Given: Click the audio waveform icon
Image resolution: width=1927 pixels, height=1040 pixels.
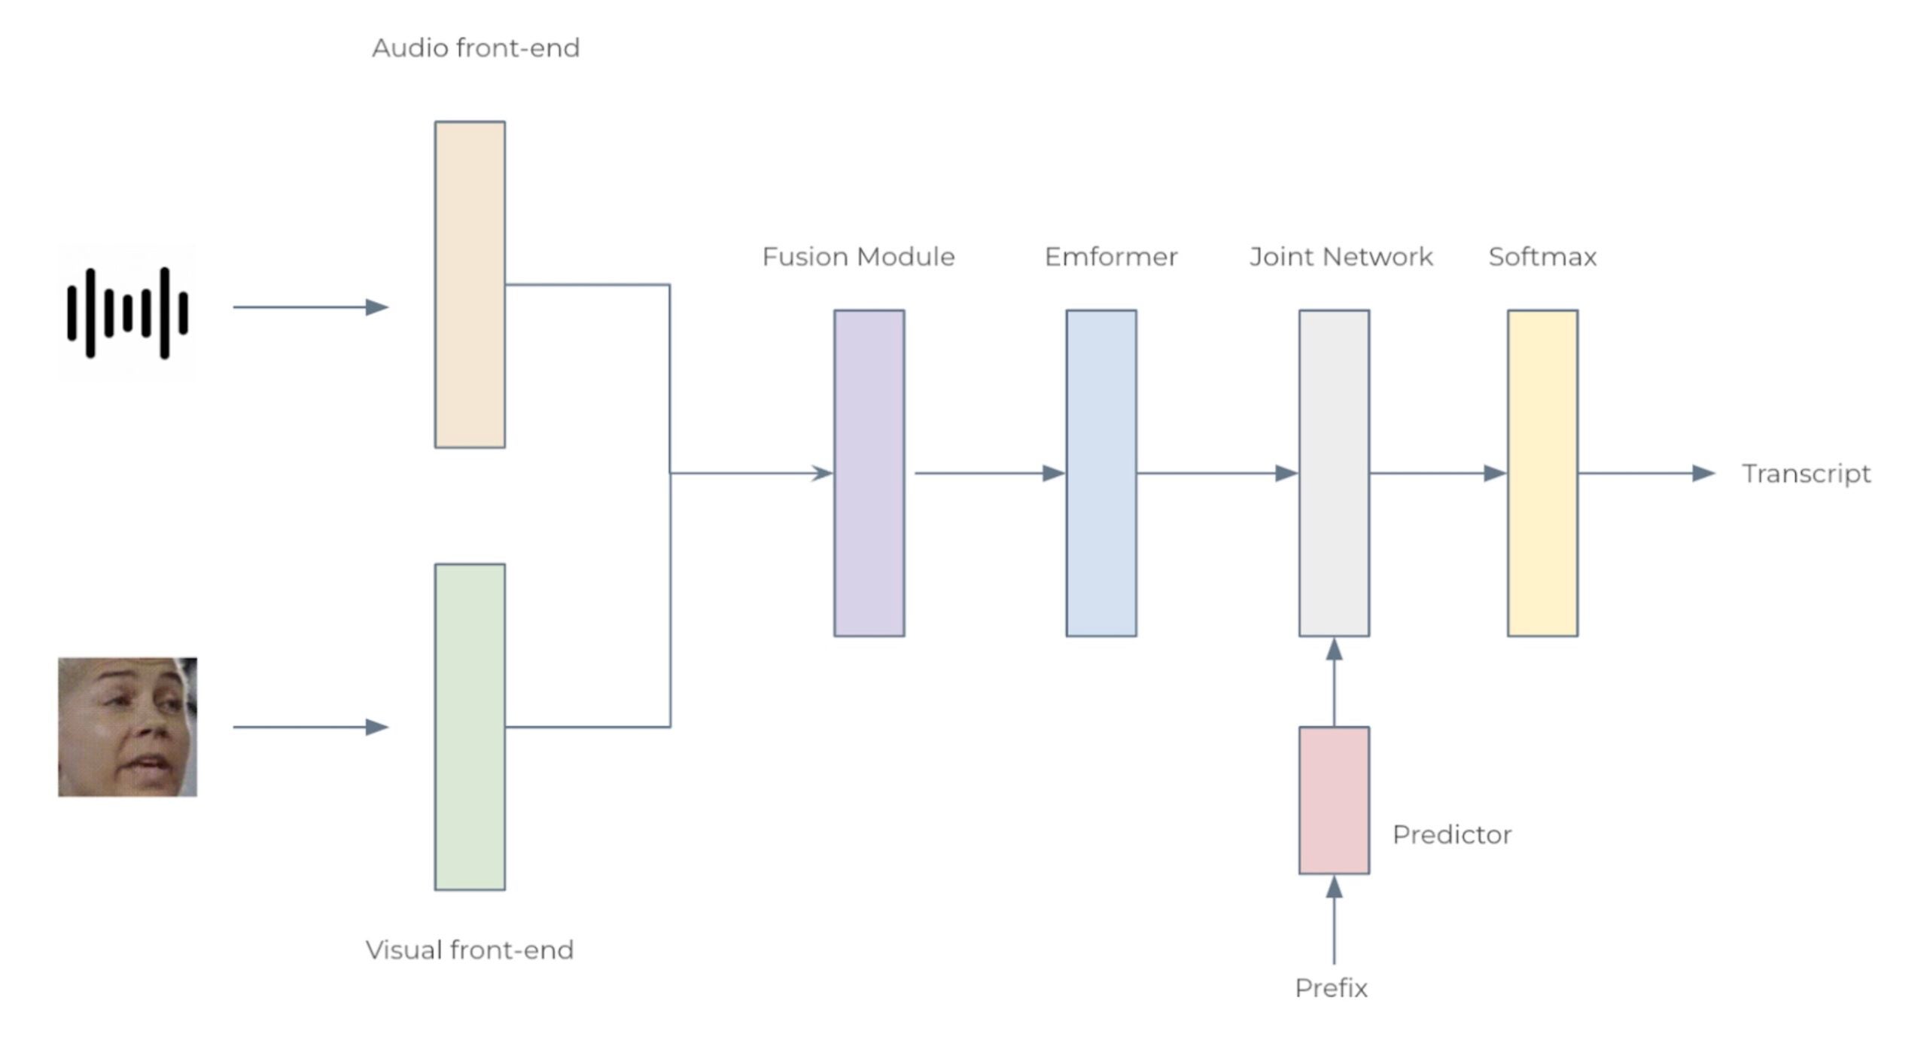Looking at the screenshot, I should point(126,312).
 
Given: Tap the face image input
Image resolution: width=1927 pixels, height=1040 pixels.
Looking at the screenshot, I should point(127,727).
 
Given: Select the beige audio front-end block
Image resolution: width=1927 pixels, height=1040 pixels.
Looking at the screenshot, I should point(470,285).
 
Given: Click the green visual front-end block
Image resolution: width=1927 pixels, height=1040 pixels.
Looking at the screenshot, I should point(470,727).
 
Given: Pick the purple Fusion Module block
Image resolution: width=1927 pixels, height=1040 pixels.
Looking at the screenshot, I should point(869,473).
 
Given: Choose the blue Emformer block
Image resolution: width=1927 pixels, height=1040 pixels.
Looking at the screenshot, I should point(1100,473).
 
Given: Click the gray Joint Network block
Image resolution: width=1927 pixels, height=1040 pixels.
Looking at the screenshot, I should point(1333,473).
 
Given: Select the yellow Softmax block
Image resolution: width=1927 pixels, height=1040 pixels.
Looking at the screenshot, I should point(1542,473).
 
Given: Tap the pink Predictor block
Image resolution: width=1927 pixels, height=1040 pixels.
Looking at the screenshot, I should point(1333,800).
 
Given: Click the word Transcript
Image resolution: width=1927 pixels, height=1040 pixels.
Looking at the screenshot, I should point(1806,474).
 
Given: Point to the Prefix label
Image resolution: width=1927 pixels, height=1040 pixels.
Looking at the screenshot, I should point(1331,988).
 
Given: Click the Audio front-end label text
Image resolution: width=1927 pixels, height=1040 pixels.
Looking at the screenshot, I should point(476,48).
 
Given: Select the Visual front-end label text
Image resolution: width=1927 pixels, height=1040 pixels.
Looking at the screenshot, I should point(470,950).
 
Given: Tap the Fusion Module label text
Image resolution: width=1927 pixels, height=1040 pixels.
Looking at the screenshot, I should point(858,257).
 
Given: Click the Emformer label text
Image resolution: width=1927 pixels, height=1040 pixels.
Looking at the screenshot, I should point(1110,257).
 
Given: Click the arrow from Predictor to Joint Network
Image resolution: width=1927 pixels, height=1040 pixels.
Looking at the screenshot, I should point(1334,682).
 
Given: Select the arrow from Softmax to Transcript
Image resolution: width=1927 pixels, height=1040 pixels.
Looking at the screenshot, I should point(1645,473).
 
